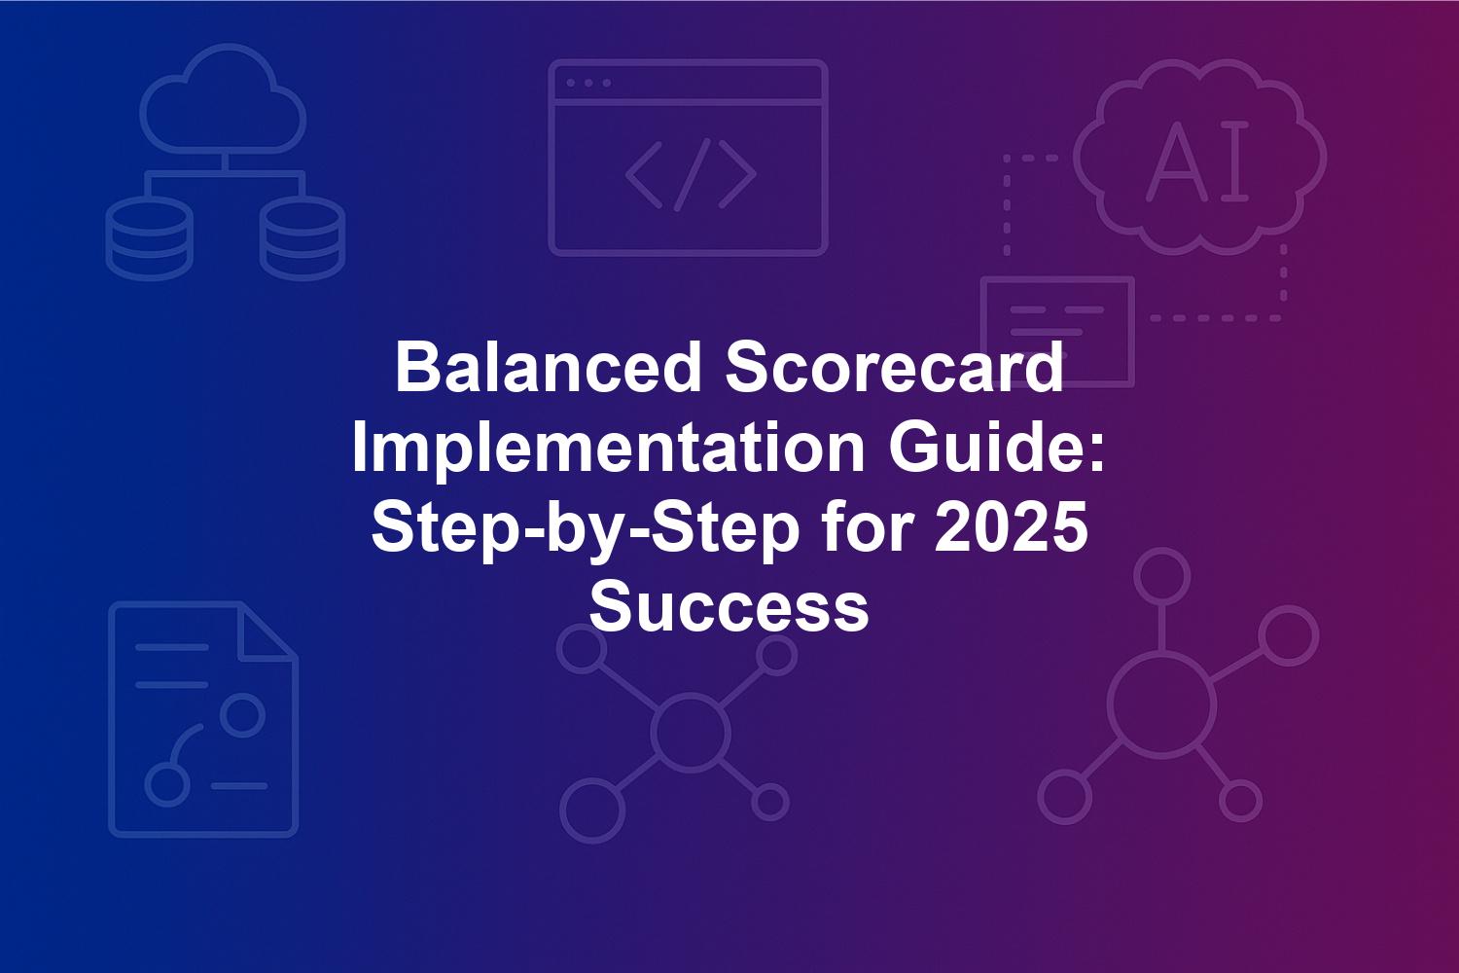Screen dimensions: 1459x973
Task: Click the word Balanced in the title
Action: (548, 368)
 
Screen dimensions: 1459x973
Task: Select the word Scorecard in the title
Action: (895, 368)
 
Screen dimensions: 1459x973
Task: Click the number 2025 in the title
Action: (1011, 527)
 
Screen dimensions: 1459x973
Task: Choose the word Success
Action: (729, 607)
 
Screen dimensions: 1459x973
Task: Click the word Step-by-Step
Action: (585, 529)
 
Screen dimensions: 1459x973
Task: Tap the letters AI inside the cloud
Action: (1197, 161)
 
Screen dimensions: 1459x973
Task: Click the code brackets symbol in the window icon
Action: (691, 175)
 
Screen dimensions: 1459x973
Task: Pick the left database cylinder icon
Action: (150, 238)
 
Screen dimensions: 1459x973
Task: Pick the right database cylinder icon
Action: (302, 238)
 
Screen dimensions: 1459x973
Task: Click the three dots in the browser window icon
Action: (588, 83)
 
